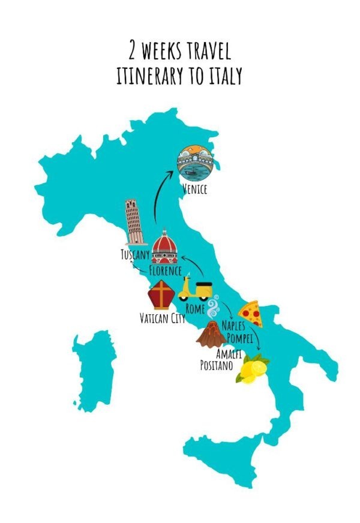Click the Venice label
(x=194, y=190)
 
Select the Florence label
(x=166, y=271)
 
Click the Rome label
(x=196, y=309)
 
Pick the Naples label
(x=235, y=326)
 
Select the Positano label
(x=216, y=364)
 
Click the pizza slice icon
(x=248, y=312)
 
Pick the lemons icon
(x=253, y=369)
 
